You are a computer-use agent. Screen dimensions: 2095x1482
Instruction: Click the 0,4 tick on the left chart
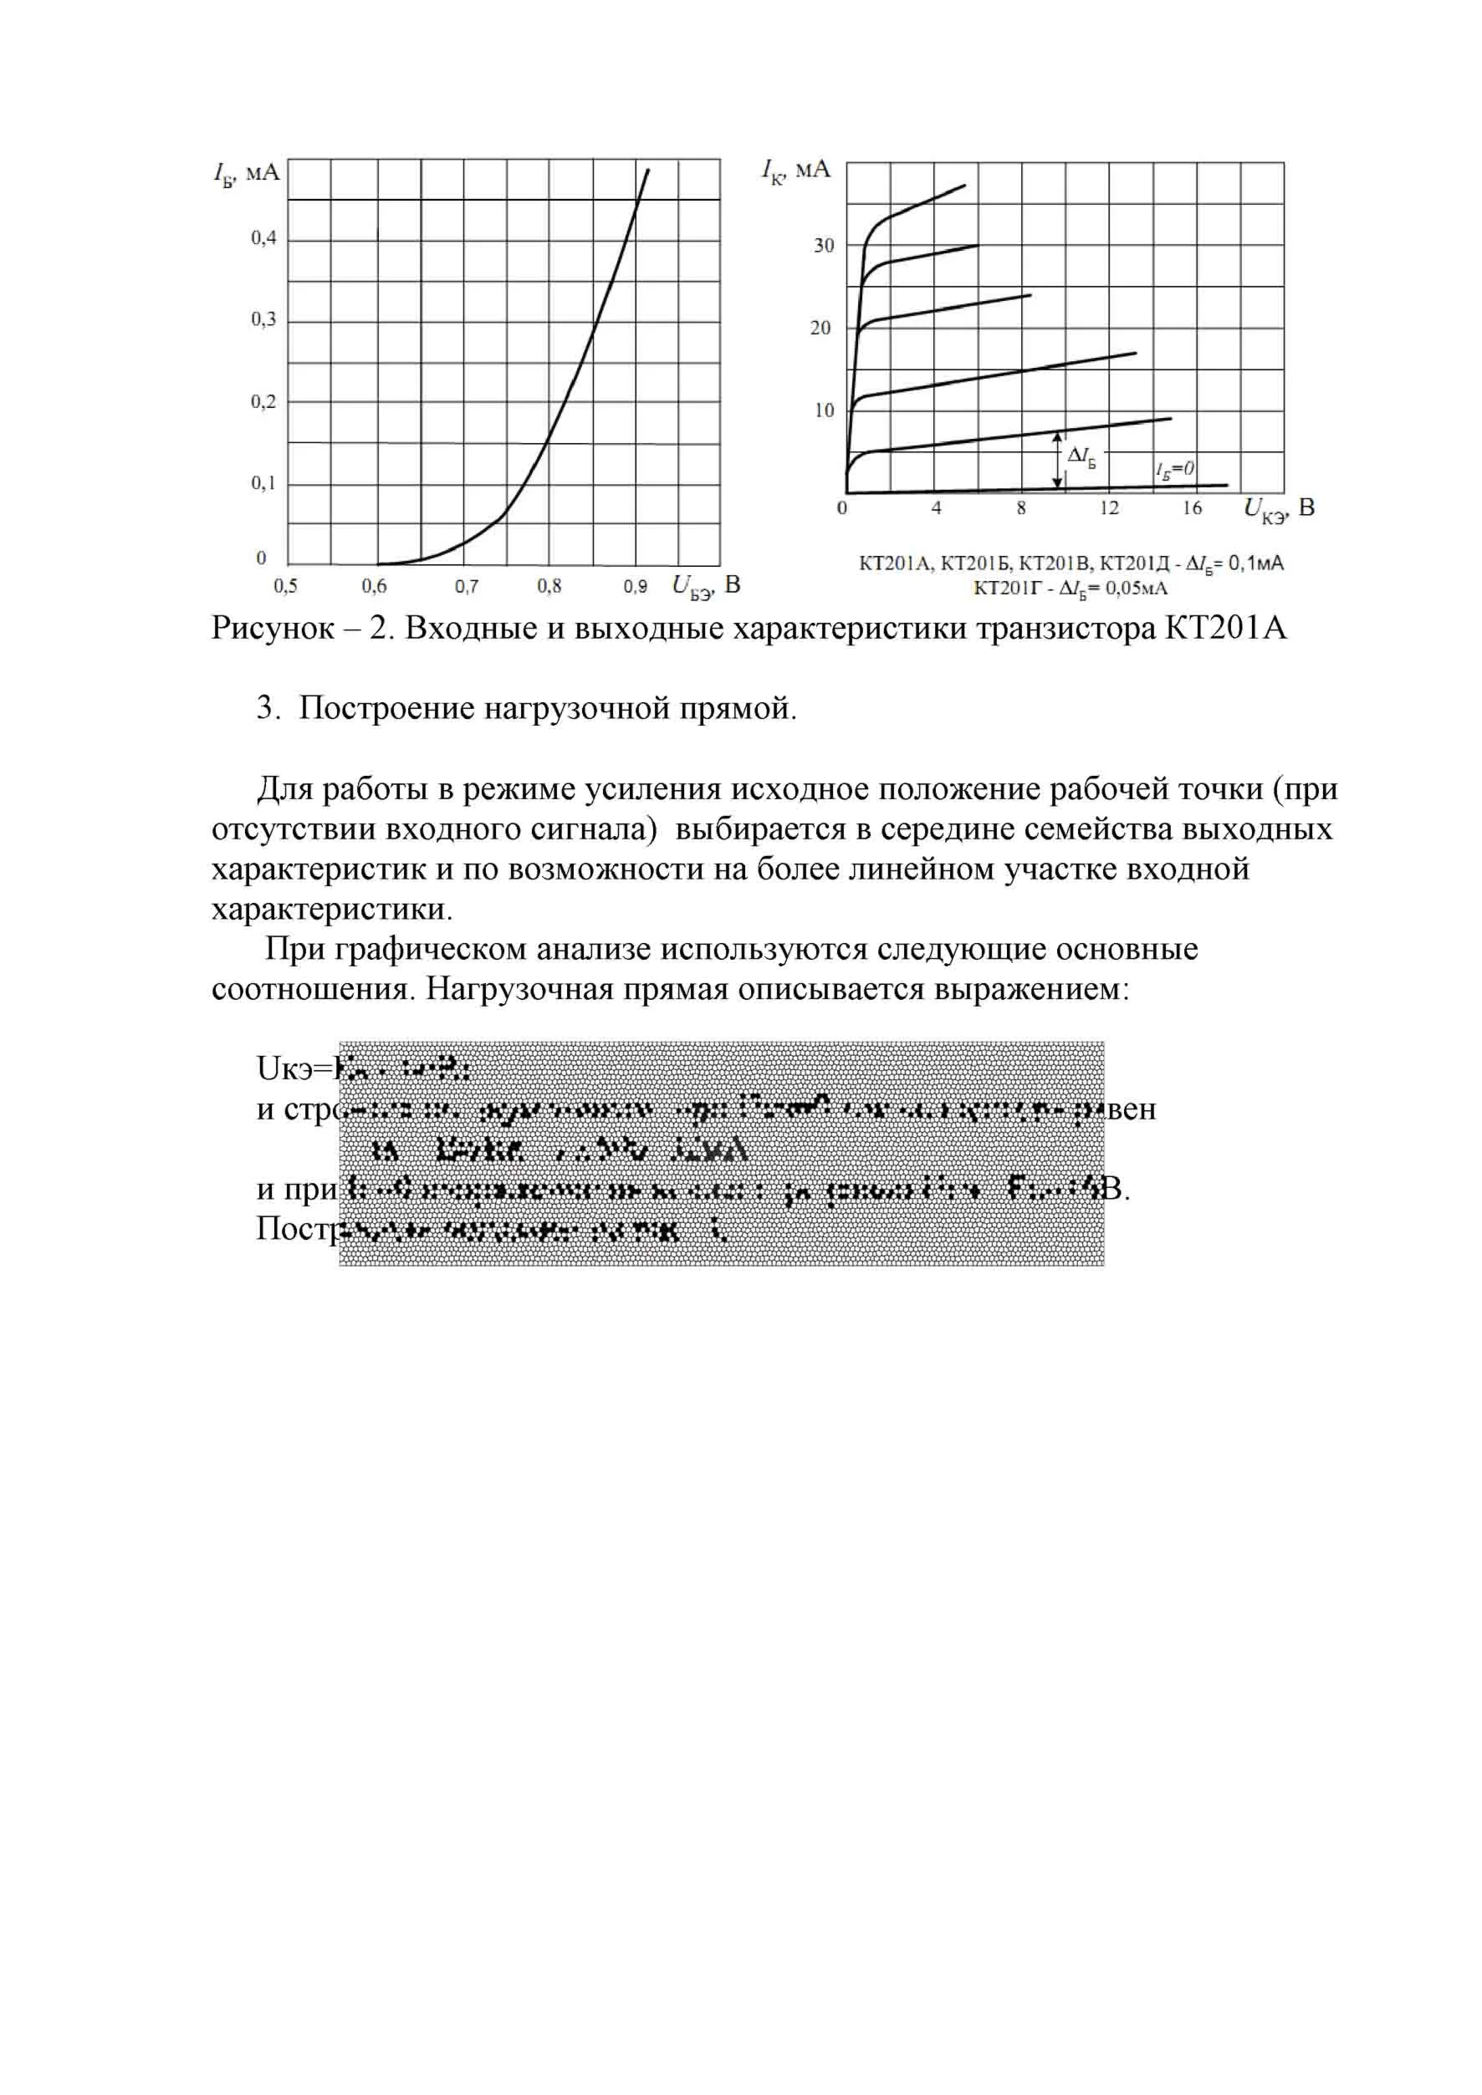[x=263, y=239]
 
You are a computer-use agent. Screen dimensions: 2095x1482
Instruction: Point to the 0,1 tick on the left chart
[x=263, y=483]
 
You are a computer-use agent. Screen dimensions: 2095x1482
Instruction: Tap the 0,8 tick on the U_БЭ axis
[x=549, y=586]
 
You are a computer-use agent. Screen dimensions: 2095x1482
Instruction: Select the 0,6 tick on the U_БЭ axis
[x=374, y=586]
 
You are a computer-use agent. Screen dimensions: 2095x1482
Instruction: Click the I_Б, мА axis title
[x=247, y=172]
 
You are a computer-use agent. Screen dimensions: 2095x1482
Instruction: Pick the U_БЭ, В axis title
[x=705, y=586]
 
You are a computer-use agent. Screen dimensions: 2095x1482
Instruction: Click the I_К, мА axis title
[x=795, y=171]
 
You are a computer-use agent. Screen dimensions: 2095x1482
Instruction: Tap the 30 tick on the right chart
[x=824, y=247]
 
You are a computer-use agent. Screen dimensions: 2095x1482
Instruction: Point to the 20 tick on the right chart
[x=820, y=329]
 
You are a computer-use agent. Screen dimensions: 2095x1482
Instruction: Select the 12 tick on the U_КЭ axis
[x=1109, y=508]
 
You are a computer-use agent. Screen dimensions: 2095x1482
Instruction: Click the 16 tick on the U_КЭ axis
[x=1192, y=508]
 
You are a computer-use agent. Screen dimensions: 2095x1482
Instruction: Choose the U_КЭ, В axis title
[x=1279, y=509]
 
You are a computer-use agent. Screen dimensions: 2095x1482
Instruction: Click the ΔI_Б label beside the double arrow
[x=1081, y=456]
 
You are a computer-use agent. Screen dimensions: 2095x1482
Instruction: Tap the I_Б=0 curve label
[x=1174, y=469]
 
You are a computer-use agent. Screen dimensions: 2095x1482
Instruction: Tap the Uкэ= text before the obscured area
[x=294, y=1068]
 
